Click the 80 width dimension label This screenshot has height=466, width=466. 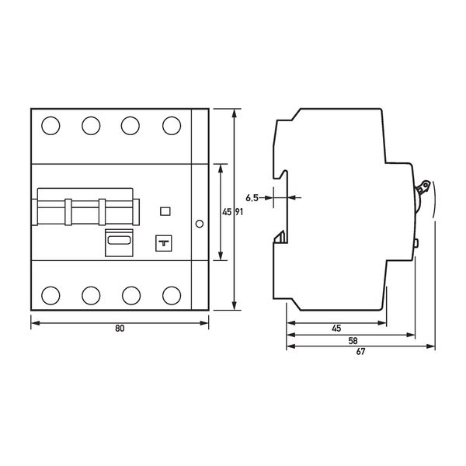coord(120,329)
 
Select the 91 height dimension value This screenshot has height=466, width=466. coord(239,212)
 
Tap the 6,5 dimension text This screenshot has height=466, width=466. coord(252,197)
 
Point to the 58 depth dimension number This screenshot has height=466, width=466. coord(353,341)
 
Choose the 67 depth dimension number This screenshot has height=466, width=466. coord(360,352)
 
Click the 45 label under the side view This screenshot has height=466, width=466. coord(336,329)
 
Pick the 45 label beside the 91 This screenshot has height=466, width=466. coord(227,212)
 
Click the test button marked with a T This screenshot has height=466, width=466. coord(164,243)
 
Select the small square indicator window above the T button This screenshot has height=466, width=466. coord(165,211)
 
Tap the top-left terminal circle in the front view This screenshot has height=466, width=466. coord(50,126)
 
